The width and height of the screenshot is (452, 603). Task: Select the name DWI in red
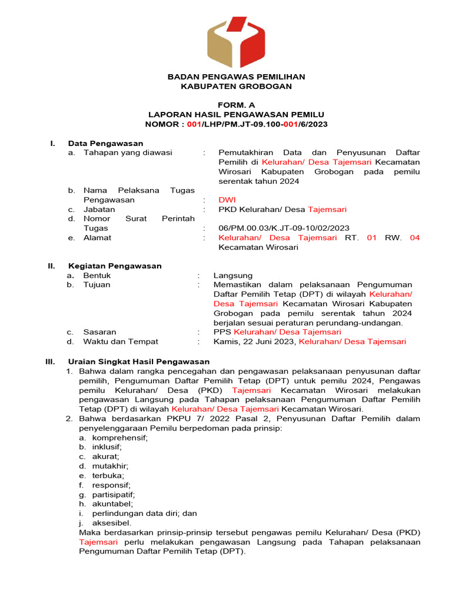coord(227,200)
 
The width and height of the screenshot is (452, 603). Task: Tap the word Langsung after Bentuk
coord(232,276)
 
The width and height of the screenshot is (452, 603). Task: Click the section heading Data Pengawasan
coord(105,143)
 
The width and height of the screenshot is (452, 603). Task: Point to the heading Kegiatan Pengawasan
coord(115,266)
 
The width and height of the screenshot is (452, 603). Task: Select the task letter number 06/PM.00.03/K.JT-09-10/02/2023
coord(284,228)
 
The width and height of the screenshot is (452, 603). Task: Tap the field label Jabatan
coord(99,210)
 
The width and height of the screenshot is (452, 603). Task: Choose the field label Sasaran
coord(99,332)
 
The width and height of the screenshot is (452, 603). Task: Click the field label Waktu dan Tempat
coord(120,342)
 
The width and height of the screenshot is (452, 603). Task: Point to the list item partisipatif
coord(113,494)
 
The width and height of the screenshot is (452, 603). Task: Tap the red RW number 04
coord(414,238)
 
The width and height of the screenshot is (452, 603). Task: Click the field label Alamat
coord(97,238)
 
